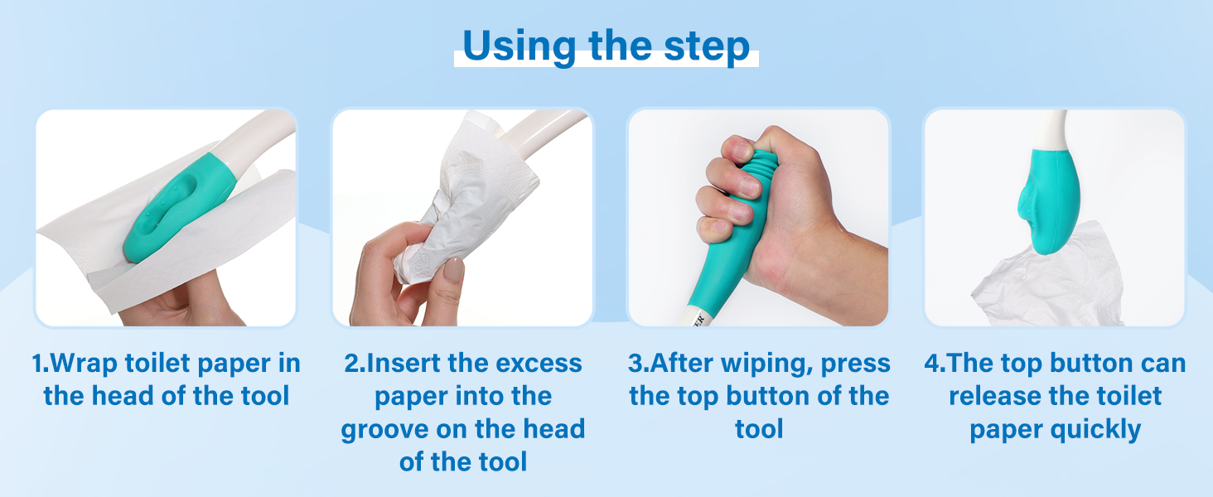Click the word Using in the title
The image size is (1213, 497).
point(520,47)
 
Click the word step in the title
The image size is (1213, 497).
point(707,47)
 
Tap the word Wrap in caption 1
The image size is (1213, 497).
point(83,364)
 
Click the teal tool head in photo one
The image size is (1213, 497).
point(179,209)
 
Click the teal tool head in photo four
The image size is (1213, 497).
point(1048,200)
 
